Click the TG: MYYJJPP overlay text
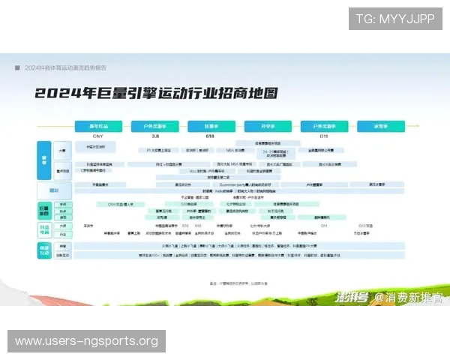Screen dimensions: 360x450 click(396, 19)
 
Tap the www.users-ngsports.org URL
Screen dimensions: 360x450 click(86, 341)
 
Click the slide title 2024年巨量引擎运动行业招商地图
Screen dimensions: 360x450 click(155, 94)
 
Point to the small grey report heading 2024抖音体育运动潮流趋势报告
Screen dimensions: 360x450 click(67, 67)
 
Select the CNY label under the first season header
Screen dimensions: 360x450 click(97, 136)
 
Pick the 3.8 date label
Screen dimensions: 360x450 click(154, 136)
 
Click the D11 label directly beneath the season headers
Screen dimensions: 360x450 click(325, 136)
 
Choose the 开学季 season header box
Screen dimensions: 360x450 click(268, 126)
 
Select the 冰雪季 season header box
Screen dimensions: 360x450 click(382, 126)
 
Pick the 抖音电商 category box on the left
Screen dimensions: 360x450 click(44, 229)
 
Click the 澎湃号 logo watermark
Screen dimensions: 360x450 click(351, 297)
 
